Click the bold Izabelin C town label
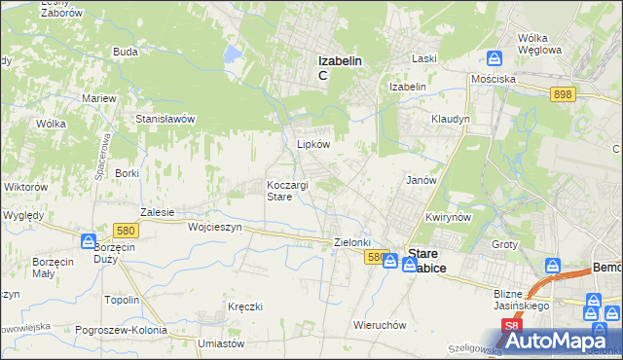coord(340,68)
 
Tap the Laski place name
coord(423,58)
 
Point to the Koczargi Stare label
coord(288,191)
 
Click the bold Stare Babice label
coord(427,261)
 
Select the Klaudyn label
coord(451,119)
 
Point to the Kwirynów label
coord(449,216)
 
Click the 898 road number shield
coord(562,93)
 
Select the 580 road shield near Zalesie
coord(124,231)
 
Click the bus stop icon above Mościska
coord(495,58)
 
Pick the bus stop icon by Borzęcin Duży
coord(89,240)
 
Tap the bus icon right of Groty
coord(553,265)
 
